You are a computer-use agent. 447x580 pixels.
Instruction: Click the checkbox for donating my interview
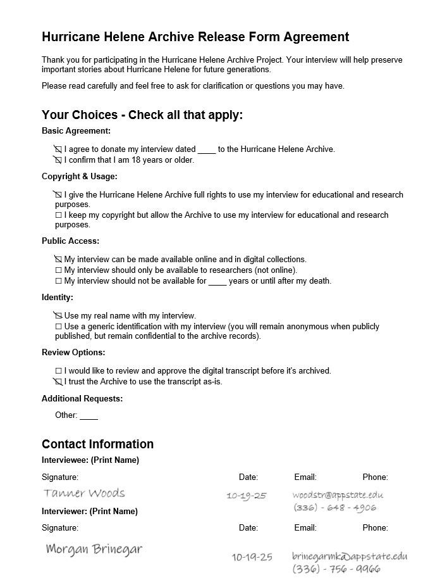58,149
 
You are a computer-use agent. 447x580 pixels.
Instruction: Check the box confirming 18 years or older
58,160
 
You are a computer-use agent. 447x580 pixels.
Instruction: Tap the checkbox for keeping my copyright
58,215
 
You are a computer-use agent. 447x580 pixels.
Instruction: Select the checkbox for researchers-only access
58,270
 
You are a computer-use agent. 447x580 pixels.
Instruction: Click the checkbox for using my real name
58,315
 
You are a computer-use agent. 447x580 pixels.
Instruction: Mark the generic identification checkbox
58,327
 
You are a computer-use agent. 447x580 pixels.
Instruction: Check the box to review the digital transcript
58,371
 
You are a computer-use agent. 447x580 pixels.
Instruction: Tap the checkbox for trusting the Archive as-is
58,382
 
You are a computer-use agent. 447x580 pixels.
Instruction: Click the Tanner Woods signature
84,493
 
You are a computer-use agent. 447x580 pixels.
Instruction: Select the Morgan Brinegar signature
94,548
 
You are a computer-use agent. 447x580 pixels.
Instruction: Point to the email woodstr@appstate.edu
338,495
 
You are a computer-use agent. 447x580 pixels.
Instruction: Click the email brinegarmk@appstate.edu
349,556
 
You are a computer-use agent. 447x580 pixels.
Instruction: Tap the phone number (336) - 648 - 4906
334,508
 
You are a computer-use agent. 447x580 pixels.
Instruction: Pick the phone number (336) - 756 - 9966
336,569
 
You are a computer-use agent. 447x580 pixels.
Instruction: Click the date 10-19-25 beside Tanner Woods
246,496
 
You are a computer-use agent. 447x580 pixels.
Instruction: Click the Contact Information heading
97,444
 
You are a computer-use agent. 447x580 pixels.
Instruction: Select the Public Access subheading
70,241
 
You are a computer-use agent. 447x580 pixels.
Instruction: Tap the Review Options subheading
73,353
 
